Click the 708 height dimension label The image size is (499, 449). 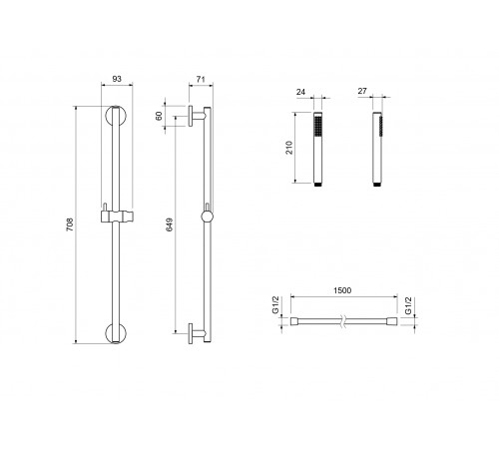coord(70,224)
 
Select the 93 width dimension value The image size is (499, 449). coord(117,79)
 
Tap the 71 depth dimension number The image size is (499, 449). coord(201,79)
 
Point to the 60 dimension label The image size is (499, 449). coord(159,116)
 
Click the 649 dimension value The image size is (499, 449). coord(170,224)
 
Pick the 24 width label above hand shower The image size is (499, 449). coord(300,92)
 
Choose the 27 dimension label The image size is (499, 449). coord(362,91)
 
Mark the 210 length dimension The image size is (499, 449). coord(289,148)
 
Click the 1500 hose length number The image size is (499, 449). coord(342,290)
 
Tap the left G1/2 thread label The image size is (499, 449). coord(275,305)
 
